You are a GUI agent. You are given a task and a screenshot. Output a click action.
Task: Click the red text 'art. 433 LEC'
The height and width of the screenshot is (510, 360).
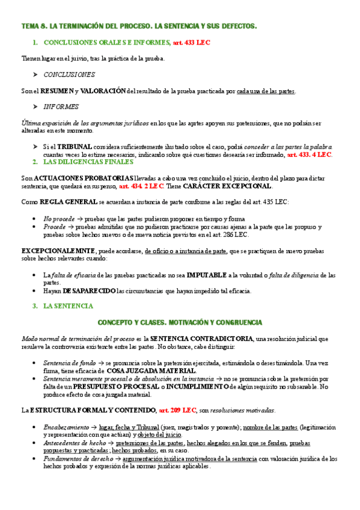pos(191,43)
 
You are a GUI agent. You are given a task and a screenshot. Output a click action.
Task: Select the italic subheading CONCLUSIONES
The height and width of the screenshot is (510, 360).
pos(69,75)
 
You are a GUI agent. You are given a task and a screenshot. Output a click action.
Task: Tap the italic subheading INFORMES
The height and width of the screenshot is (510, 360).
pos(61,106)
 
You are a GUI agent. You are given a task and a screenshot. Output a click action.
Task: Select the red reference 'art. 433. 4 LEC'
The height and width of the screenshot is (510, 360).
pos(309,154)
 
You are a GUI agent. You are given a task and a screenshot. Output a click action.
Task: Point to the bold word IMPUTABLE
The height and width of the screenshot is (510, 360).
pos(207,274)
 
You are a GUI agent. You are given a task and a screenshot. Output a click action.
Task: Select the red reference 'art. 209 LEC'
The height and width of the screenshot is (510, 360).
pos(177,410)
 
